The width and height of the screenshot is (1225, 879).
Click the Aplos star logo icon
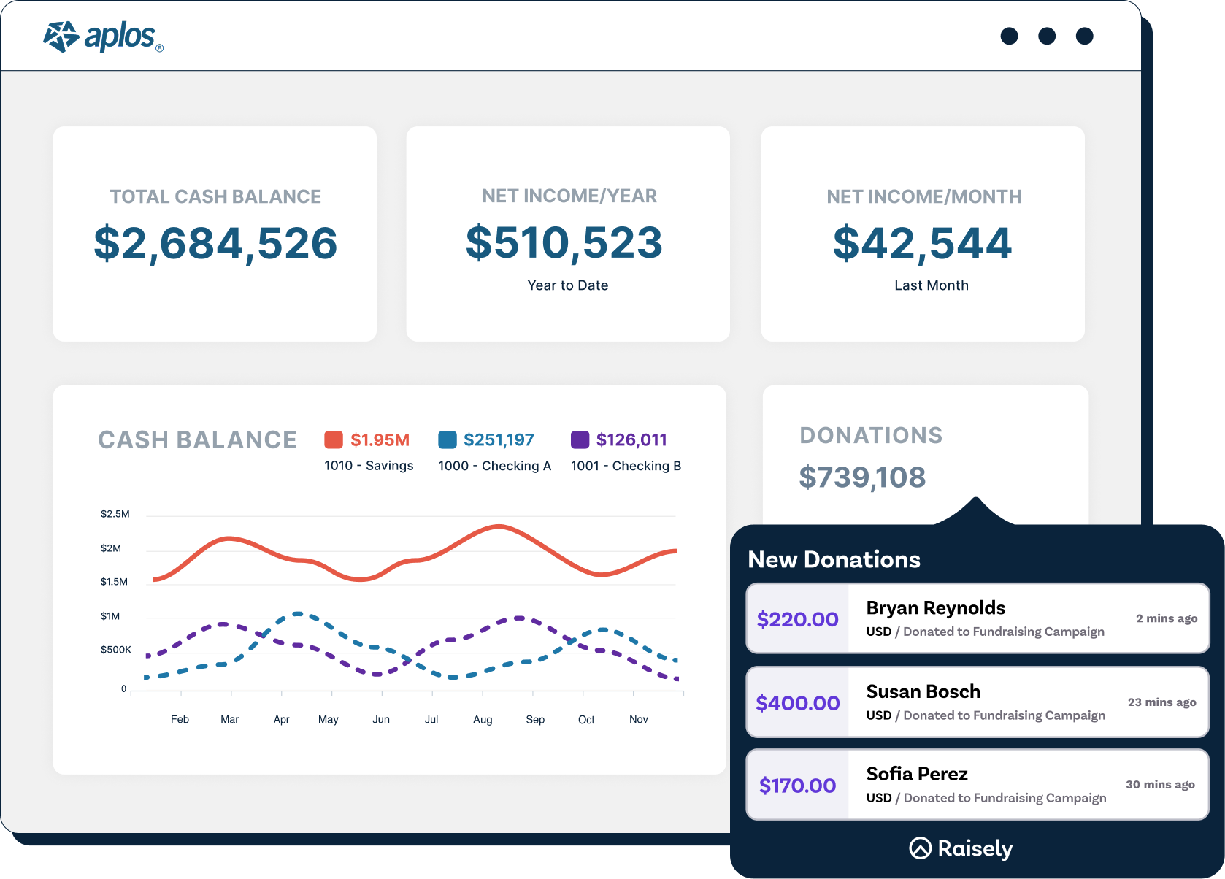click(x=61, y=37)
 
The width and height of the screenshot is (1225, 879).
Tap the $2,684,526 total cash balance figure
click(x=215, y=243)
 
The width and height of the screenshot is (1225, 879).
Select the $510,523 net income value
click(x=564, y=242)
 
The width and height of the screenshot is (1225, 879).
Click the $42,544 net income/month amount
click(x=923, y=243)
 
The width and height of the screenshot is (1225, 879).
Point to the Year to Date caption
click(x=568, y=285)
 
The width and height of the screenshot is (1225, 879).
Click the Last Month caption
click(x=932, y=285)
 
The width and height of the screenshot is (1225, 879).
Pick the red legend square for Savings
click(x=334, y=439)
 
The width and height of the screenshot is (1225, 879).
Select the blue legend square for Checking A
click(x=447, y=439)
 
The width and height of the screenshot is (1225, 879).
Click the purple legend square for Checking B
click(x=580, y=439)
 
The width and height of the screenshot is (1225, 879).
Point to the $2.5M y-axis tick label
click(x=115, y=514)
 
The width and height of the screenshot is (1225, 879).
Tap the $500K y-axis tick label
click(x=116, y=650)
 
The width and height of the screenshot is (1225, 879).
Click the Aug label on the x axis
click(x=483, y=719)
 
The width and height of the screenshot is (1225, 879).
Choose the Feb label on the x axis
click(x=180, y=719)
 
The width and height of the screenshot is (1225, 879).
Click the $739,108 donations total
click(x=862, y=477)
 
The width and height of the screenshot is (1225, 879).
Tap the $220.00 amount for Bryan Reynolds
click(x=797, y=619)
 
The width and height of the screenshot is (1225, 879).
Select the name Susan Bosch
click(x=923, y=691)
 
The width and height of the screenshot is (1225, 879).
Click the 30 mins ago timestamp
click(x=1160, y=784)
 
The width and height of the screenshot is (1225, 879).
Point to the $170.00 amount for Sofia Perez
click(x=797, y=786)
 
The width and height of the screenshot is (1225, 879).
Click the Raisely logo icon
click(x=920, y=848)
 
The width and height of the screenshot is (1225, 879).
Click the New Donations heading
click(x=834, y=559)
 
